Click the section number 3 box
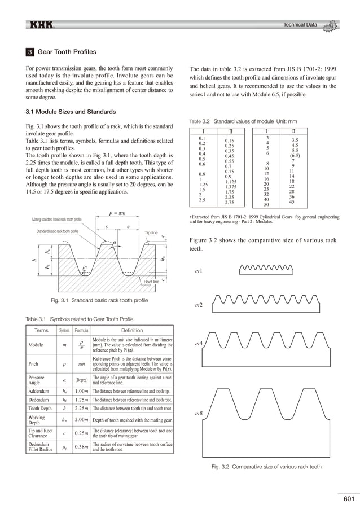pyautogui.click(x=30, y=52)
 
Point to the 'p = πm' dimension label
pyautogui.click(x=117, y=214)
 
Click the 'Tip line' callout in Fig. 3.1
pyautogui.click(x=152, y=232)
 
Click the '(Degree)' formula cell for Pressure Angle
pyautogui.click(x=82, y=380)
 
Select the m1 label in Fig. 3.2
pyautogui.click(x=199, y=271)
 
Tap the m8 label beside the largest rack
pyautogui.click(x=199, y=414)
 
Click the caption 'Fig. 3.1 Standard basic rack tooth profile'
pyautogui.click(x=99, y=301)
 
